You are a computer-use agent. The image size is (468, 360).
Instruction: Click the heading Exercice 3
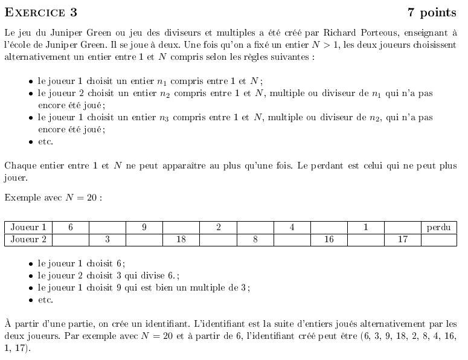coord(40,13)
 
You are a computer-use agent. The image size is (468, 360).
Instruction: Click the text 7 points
coord(432,13)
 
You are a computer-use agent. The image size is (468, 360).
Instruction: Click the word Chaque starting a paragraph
coord(19,166)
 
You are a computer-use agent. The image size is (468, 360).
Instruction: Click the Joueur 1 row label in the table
coord(28,228)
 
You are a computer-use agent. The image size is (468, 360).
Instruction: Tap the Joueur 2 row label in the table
coord(28,239)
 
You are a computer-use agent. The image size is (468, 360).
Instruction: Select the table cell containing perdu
coord(438,228)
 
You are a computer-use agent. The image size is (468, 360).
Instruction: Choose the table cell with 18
coord(181,239)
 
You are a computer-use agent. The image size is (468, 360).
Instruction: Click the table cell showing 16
coord(329,239)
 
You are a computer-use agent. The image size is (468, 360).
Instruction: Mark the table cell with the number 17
coord(402,239)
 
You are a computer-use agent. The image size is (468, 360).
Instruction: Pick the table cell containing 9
coord(144,228)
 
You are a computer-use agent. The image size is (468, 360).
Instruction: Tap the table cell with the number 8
coord(255,239)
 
